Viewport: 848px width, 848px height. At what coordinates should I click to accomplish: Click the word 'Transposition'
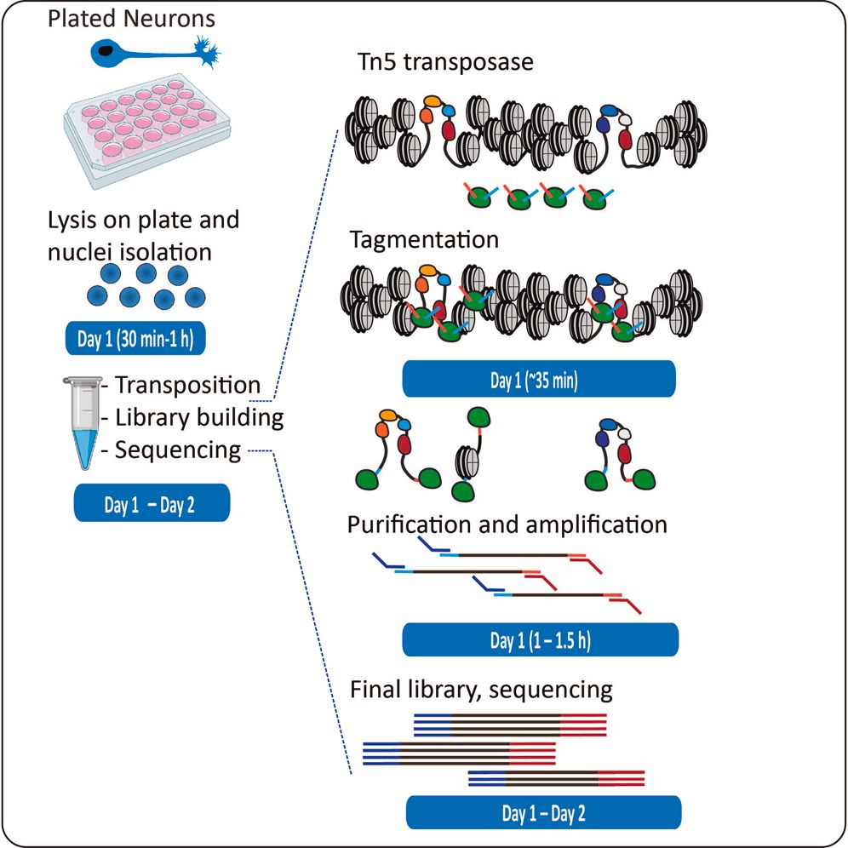click(x=187, y=385)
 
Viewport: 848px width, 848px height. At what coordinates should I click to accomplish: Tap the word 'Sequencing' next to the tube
click(x=178, y=450)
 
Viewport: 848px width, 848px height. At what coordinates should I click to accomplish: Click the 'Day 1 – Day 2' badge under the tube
click(x=151, y=503)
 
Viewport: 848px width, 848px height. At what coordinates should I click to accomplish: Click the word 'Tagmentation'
click(x=425, y=240)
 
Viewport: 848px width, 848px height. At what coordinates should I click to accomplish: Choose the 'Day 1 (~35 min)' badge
click(x=539, y=379)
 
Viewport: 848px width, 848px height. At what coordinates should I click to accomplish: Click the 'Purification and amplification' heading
click(x=507, y=524)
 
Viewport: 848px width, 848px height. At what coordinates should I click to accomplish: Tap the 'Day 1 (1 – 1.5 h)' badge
click(x=540, y=639)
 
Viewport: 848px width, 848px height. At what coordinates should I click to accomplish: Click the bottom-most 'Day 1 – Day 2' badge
click(x=543, y=813)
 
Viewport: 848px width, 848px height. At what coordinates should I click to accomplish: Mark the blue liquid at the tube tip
click(x=85, y=447)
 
